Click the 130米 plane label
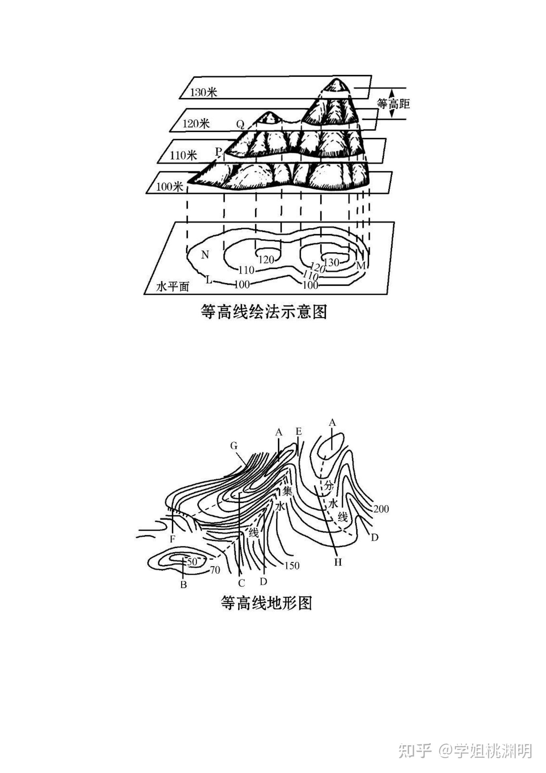(x=204, y=92)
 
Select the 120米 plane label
(x=196, y=124)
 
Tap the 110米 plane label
(x=183, y=155)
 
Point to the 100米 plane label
(x=169, y=186)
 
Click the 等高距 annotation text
(x=393, y=103)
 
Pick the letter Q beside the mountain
(x=240, y=125)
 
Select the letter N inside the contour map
(x=205, y=255)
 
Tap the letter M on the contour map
(x=361, y=266)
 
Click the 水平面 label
(x=172, y=287)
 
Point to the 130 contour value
(x=331, y=262)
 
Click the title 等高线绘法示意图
(x=264, y=311)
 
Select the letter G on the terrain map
(x=234, y=446)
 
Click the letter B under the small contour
(x=184, y=585)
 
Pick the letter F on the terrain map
(x=172, y=539)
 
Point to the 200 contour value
(x=381, y=509)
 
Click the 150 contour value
(x=292, y=565)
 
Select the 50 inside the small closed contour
(x=192, y=561)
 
